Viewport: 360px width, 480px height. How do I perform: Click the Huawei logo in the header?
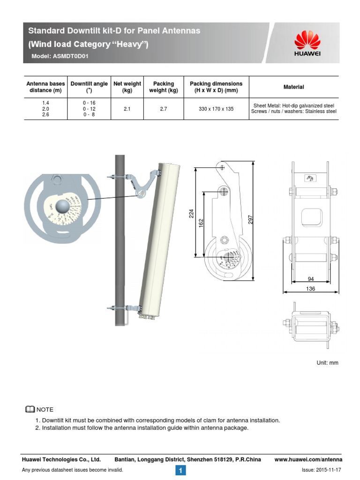(x=307, y=43)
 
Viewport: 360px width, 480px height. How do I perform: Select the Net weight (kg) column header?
(x=127, y=87)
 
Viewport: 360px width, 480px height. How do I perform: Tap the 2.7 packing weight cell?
(x=164, y=109)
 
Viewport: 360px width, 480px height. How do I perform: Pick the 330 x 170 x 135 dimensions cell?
(x=216, y=109)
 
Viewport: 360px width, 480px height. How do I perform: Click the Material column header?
(x=293, y=87)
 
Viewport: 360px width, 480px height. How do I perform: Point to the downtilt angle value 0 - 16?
(x=89, y=103)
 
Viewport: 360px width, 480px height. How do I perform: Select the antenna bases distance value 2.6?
(x=45, y=115)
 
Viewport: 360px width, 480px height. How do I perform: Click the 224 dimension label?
(x=191, y=214)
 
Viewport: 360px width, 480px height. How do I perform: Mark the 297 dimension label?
(x=250, y=219)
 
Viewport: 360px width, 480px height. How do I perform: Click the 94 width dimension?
(x=310, y=279)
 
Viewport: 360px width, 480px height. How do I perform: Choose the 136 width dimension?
(x=310, y=289)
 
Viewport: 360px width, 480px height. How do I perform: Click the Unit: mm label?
(x=327, y=363)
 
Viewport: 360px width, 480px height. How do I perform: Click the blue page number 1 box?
(x=181, y=470)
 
